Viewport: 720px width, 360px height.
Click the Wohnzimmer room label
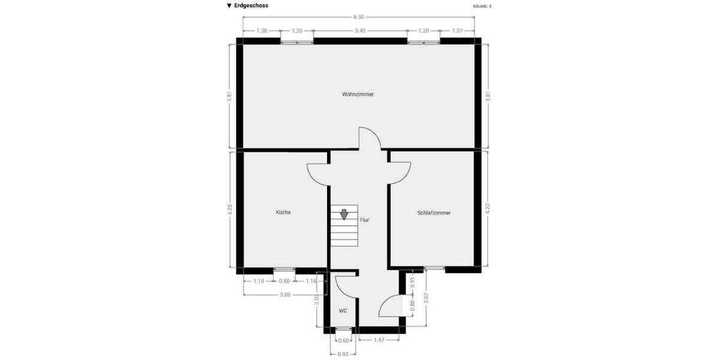click(x=358, y=94)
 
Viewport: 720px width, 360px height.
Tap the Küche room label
click(x=283, y=212)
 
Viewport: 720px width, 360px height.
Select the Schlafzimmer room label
click(x=434, y=212)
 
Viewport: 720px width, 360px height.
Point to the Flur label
click(x=364, y=220)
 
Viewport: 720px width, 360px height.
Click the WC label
click(x=343, y=311)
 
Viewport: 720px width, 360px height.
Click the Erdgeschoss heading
click(x=251, y=5)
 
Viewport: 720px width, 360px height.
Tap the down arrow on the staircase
click(x=344, y=214)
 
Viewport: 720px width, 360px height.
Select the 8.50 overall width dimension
click(x=358, y=17)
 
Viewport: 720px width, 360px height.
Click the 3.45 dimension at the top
click(x=360, y=30)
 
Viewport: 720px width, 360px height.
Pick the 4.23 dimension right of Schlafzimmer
click(x=487, y=209)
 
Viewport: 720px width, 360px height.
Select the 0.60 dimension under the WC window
click(x=343, y=340)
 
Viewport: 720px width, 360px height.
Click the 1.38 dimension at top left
click(x=261, y=30)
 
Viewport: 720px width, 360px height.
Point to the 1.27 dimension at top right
click(x=457, y=30)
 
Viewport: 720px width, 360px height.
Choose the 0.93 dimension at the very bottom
click(x=343, y=354)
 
